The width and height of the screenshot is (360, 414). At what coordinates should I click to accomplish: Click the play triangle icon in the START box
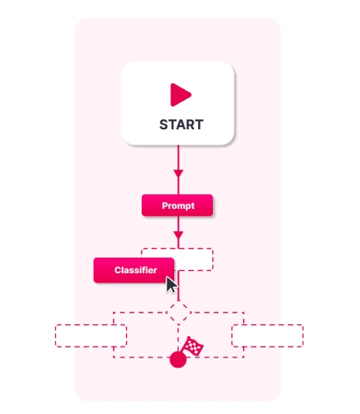[x=180, y=94]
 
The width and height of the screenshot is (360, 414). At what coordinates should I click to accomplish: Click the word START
[x=181, y=125]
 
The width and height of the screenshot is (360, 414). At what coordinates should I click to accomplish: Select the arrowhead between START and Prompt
[x=178, y=173]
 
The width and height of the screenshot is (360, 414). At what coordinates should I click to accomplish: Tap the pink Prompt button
[x=177, y=205]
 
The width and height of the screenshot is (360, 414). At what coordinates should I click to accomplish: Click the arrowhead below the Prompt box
[x=178, y=235]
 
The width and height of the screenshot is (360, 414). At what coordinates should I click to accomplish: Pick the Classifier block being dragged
[x=134, y=270]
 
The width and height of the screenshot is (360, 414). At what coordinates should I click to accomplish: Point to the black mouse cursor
[x=171, y=285]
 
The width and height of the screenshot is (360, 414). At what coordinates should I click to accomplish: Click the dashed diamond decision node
[x=178, y=313]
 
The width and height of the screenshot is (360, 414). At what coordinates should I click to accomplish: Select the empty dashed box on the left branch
[x=91, y=336]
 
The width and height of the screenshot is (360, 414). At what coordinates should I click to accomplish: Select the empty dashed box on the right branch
[x=267, y=336]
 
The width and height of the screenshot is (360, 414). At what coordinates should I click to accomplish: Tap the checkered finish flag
[x=194, y=346]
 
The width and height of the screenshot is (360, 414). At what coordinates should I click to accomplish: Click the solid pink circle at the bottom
[x=178, y=359]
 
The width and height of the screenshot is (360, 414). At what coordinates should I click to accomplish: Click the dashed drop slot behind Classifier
[x=194, y=259]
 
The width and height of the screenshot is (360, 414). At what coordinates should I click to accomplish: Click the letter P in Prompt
[x=165, y=205]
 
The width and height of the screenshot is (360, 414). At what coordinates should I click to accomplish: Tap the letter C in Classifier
[x=118, y=270]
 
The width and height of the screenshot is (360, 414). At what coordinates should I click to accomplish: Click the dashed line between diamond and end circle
[x=178, y=337]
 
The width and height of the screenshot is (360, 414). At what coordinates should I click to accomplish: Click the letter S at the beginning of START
[x=164, y=125]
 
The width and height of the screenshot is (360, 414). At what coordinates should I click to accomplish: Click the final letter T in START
[x=199, y=125]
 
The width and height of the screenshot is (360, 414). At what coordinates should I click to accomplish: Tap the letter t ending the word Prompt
[x=193, y=206]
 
